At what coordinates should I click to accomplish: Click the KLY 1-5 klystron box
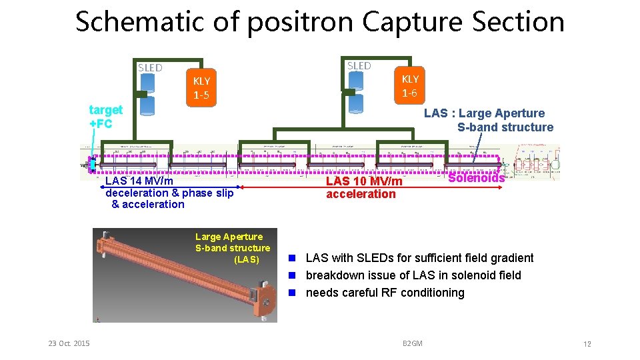201,88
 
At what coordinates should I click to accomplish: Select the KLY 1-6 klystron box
410,86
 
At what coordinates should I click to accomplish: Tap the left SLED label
150,67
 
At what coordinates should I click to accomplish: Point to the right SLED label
359,65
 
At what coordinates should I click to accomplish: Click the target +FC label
106,116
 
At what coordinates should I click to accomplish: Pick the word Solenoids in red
476,178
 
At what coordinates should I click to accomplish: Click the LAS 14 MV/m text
139,181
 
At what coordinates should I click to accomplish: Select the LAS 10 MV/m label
364,181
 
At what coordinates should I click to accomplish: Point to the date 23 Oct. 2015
69,343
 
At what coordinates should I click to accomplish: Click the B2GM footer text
413,343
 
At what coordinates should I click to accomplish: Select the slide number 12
587,344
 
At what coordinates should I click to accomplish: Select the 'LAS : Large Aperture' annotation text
484,113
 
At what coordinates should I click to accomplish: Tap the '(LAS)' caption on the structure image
247,259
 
